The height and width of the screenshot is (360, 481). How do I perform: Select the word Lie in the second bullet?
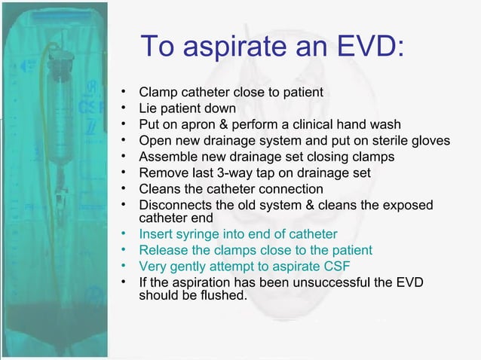(149, 108)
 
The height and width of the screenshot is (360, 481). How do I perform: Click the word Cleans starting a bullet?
(160, 188)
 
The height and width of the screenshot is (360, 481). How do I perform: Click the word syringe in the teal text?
(201, 235)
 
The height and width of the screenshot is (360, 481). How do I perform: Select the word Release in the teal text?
(163, 250)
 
